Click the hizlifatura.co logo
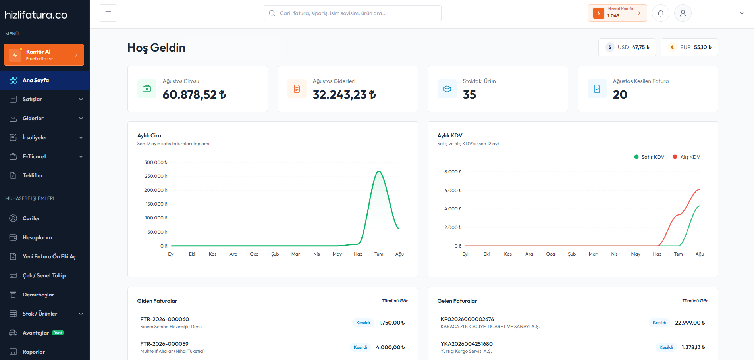(x=36, y=15)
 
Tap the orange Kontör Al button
(x=44, y=55)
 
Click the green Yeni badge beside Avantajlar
(x=58, y=333)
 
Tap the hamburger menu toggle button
(x=108, y=13)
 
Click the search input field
(x=353, y=13)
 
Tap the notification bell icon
(x=661, y=13)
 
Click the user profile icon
(x=683, y=13)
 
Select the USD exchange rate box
(x=627, y=47)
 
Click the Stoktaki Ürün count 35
(x=469, y=94)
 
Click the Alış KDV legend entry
(x=687, y=157)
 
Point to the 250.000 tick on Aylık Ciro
(x=156, y=176)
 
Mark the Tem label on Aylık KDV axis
(x=678, y=254)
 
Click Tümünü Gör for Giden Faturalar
(x=395, y=301)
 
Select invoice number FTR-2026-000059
(x=164, y=344)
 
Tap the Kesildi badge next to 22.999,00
(x=660, y=323)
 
